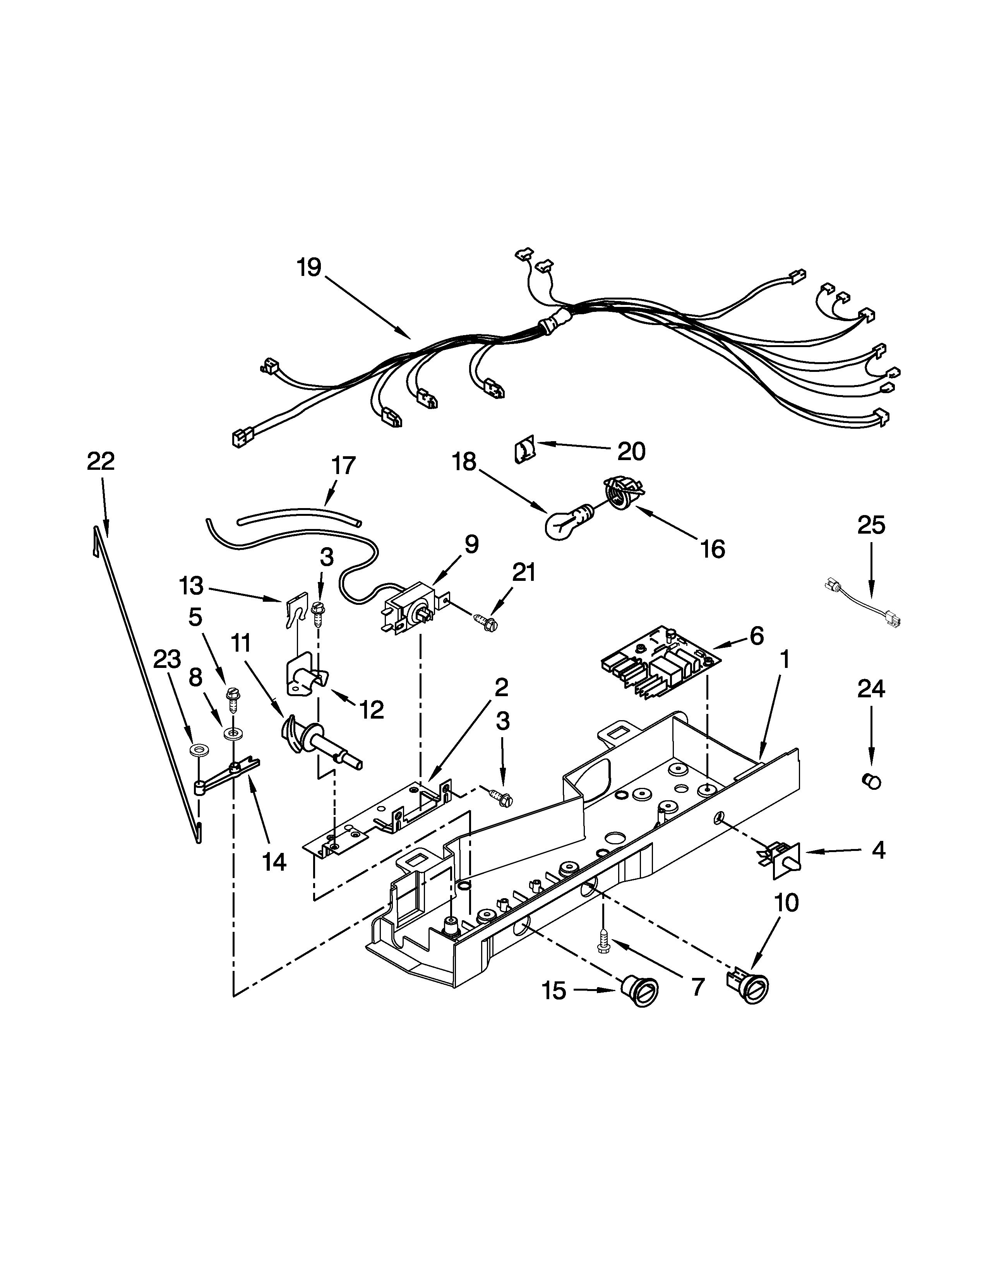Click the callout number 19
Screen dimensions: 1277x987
pos(309,268)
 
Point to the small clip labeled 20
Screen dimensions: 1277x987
pos(524,452)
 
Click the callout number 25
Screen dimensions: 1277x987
pos(870,525)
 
